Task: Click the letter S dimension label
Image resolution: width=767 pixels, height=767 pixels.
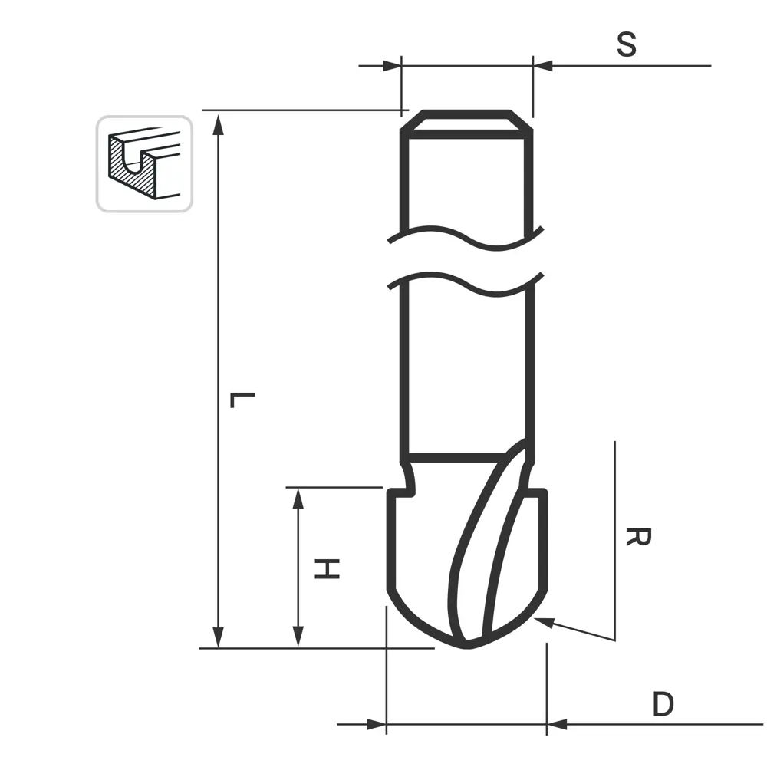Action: [627, 44]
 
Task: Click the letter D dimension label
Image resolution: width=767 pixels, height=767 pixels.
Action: [663, 704]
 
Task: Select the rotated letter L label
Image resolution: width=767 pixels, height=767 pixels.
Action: [242, 400]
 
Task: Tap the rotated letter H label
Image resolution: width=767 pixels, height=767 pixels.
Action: [327, 568]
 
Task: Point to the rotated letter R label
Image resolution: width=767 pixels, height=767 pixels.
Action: [638, 537]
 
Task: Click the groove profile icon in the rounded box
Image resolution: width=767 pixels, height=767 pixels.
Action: [144, 164]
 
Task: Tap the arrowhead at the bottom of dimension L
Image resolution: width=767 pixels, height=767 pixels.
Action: [219, 636]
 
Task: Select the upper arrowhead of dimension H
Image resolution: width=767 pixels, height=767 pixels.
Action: [298, 499]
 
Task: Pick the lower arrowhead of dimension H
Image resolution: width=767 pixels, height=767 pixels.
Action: [298, 637]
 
